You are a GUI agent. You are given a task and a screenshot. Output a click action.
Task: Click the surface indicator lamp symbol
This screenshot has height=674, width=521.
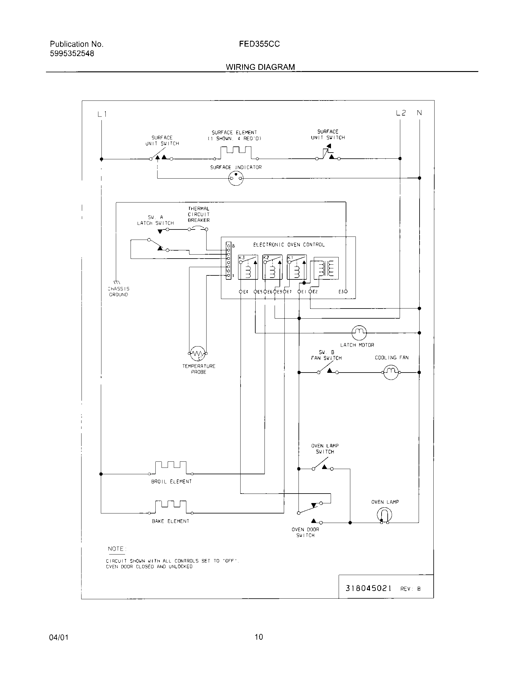click(x=236, y=178)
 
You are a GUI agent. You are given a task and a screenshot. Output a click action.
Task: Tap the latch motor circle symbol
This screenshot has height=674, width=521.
click(x=359, y=332)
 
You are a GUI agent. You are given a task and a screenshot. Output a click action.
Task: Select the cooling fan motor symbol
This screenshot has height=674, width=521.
click(x=391, y=372)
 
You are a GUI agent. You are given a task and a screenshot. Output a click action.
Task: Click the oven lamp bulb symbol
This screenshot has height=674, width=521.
click(x=384, y=515)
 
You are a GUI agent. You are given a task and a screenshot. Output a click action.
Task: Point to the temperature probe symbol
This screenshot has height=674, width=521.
click(x=198, y=353)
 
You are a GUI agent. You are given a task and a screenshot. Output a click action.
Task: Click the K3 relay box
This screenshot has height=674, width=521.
click(x=248, y=267)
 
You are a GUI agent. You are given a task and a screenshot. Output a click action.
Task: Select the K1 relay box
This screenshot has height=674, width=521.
click(x=297, y=267)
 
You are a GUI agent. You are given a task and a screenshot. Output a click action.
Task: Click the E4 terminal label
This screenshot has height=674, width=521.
click(x=246, y=292)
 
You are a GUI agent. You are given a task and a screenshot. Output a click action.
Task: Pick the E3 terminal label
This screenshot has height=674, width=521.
click(x=341, y=292)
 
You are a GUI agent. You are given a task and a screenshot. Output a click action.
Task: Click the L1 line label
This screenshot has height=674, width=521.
click(x=102, y=114)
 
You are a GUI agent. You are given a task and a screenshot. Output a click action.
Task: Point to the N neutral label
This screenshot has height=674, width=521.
click(x=419, y=113)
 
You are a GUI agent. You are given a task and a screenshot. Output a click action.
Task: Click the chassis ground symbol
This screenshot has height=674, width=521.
click(x=117, y=282)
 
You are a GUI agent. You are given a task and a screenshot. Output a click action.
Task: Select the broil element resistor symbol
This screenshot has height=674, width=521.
click(x=171, y=468)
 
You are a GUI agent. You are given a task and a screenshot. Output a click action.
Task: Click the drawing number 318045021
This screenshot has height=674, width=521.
click(x=368, y=588)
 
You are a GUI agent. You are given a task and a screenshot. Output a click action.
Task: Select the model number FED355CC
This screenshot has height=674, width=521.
click(x=259, y=44)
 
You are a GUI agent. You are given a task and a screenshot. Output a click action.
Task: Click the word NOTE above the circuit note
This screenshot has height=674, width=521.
click(x=116, y=549)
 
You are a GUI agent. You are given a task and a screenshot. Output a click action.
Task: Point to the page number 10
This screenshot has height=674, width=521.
click(x=259, y=637)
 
